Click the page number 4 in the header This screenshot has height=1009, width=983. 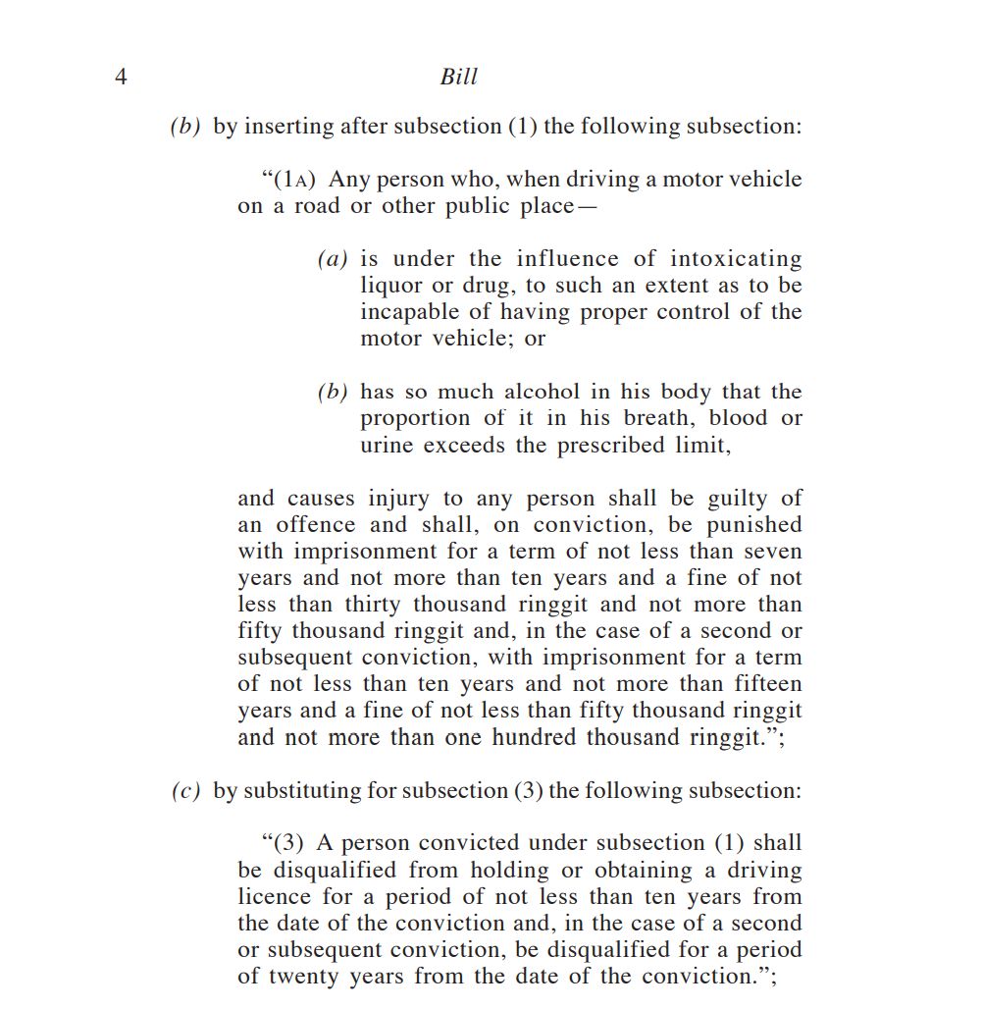pos(121,77)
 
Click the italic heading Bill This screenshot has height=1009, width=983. pos(458,77)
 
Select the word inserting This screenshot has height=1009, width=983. pos(288,127)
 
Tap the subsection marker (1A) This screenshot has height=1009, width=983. pos(297,180)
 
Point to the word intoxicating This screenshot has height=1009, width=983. pos(736,259)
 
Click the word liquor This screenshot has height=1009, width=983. pos(388,286)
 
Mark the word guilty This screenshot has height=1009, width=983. pos(738,499)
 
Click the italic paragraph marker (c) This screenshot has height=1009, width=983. pos(185,791)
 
